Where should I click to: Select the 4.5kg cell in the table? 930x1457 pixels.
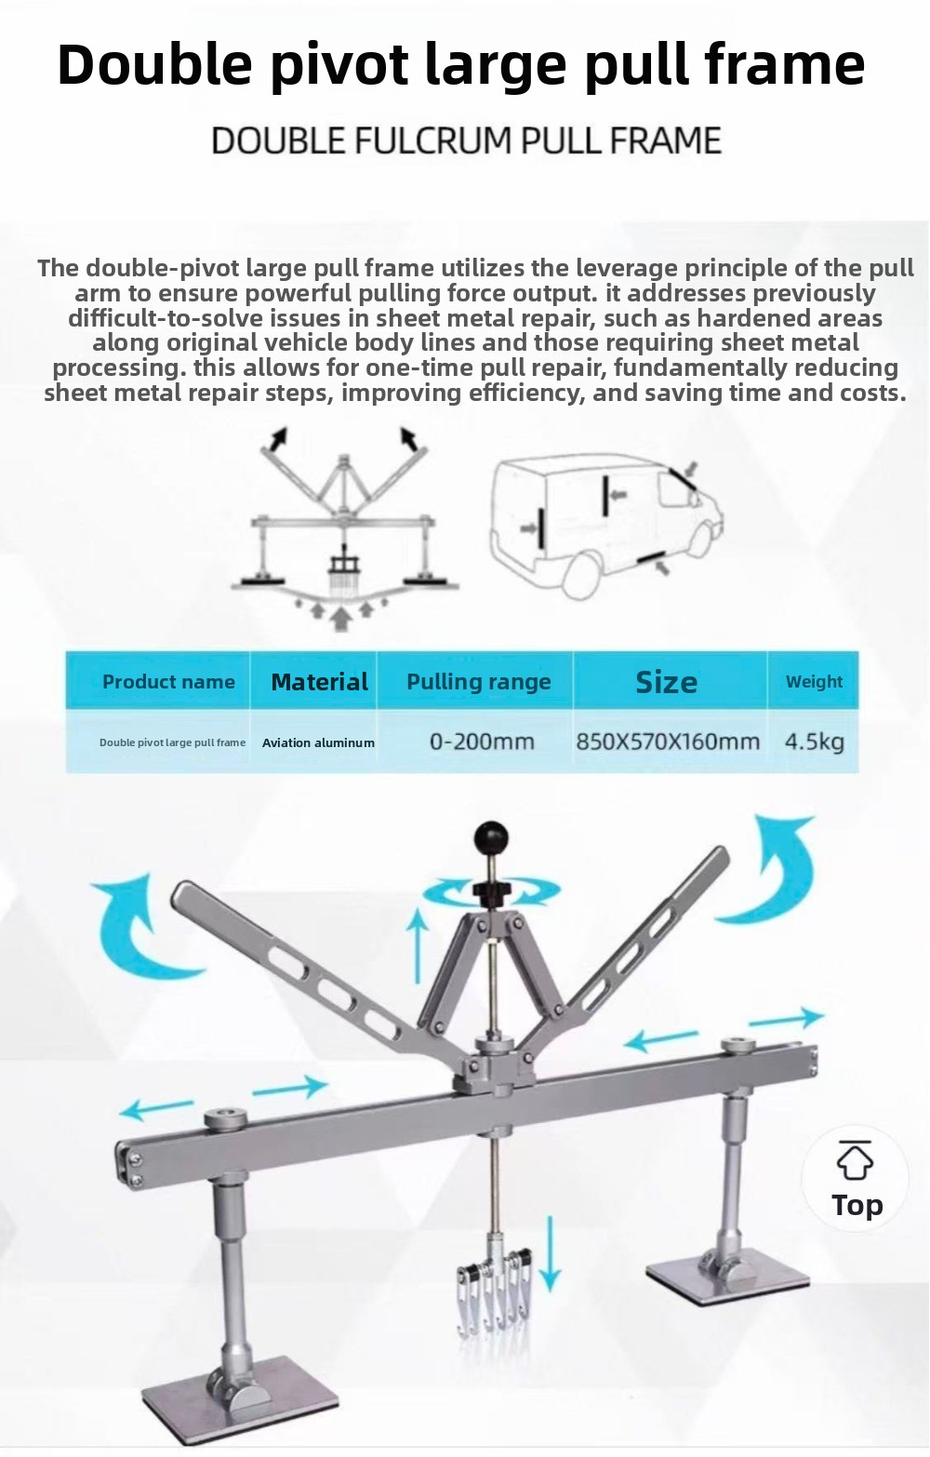coord(815,741)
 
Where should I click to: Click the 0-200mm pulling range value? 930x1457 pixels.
coord(482,741)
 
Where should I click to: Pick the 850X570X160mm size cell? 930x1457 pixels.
coord(668,741)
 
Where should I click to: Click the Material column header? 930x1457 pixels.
coord(319,682)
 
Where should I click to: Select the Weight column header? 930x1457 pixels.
coord(815,682)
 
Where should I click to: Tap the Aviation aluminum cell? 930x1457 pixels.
coord(318,742)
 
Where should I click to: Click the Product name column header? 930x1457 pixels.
coord(168,682)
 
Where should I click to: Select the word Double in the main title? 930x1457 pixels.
coord(154,64)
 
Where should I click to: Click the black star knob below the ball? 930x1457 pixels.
coord(491,891)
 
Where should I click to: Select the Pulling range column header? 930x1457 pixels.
coord(479,682)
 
